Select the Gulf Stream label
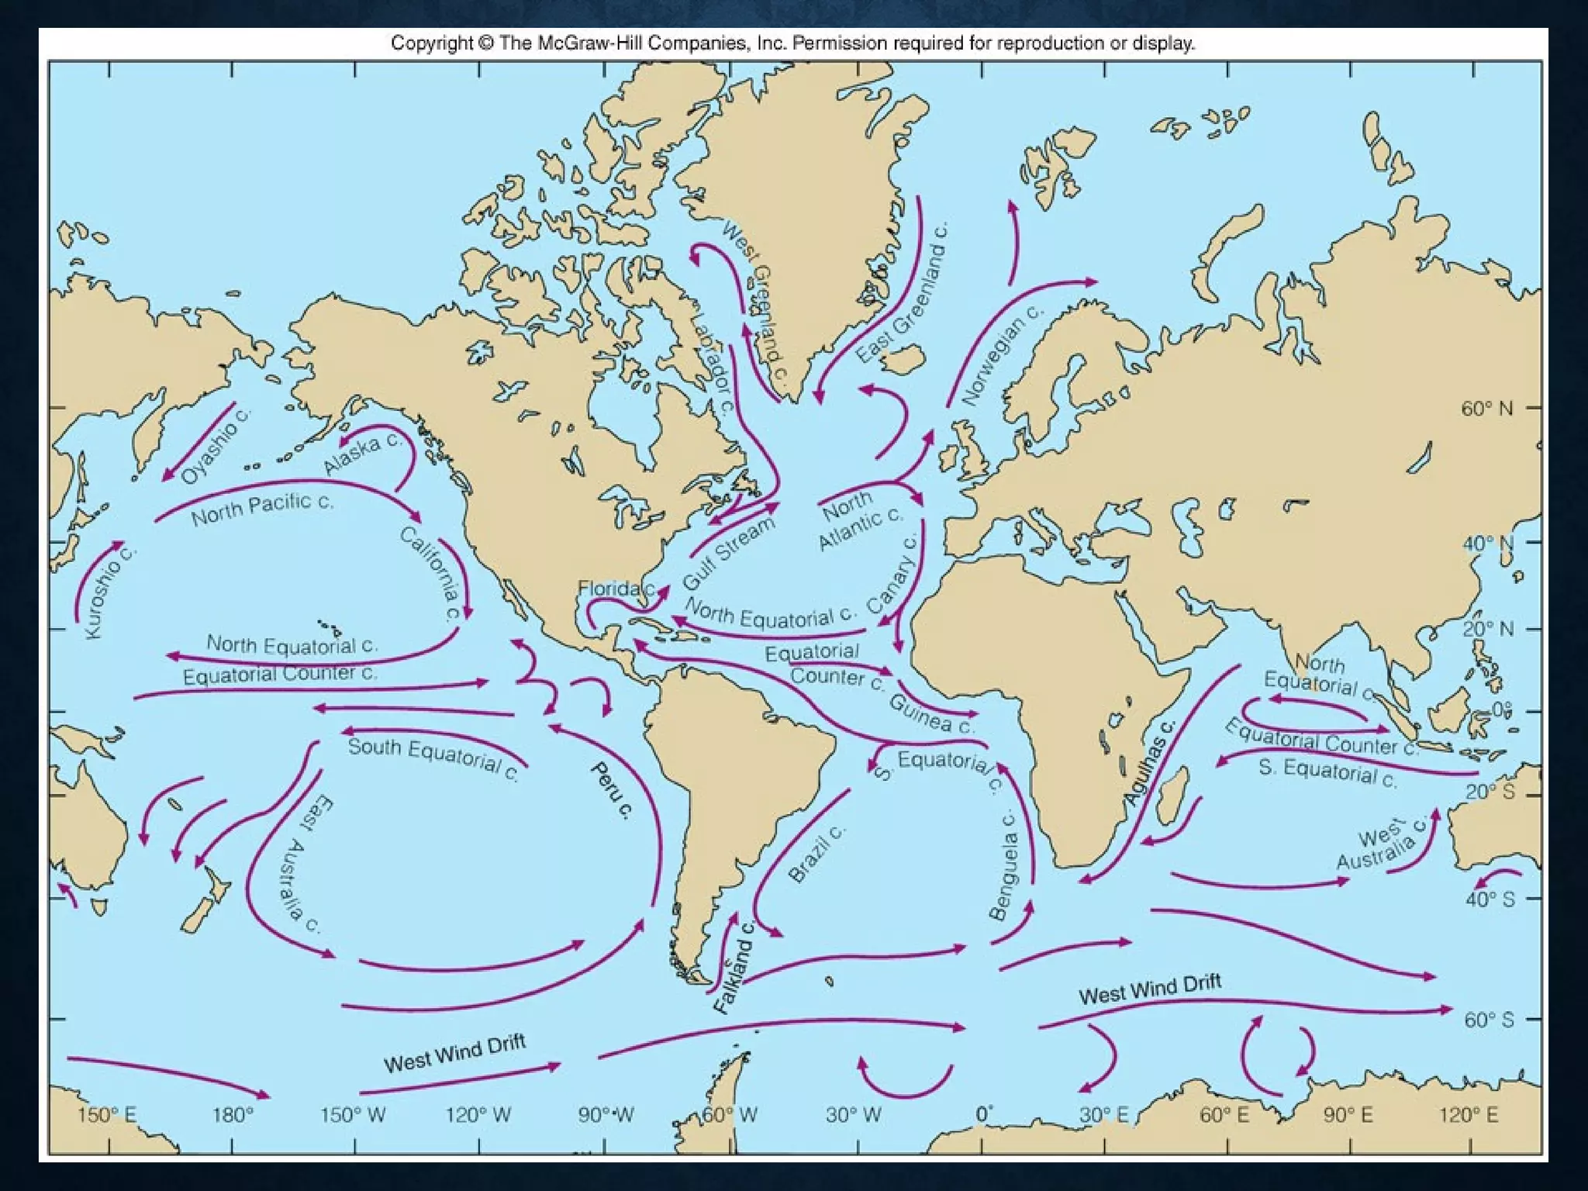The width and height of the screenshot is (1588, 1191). click(729, 553)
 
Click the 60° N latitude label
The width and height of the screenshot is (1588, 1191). click(1486, 409)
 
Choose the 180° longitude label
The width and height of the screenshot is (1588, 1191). click(233, 1116)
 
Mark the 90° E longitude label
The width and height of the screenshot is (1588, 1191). click(1348, 1116)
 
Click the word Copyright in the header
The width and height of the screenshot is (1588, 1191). click(431, 43)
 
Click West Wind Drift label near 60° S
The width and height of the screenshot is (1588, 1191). click(1150, 990)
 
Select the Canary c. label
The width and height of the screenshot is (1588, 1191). click(892, 574)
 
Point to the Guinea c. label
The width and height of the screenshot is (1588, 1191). click(930, 713)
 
